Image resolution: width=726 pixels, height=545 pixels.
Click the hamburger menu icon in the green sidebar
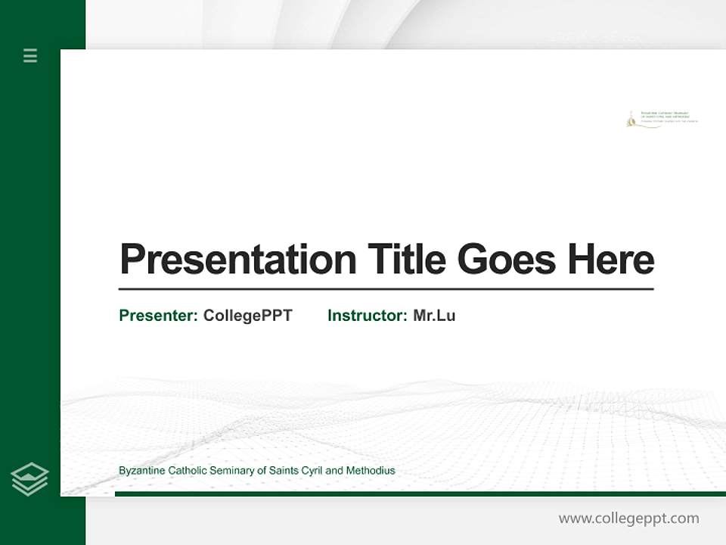30,55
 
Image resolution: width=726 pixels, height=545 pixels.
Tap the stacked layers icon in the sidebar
29,479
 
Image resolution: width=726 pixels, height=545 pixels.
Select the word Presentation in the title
237,260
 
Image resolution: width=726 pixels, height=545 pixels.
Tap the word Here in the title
610,260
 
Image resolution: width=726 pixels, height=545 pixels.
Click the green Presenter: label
158,316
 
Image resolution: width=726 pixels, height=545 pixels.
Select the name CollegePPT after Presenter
247,316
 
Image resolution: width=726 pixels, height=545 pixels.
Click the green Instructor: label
367,316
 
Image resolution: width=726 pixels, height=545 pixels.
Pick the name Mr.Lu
434,316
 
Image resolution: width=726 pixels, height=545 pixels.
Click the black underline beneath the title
386,289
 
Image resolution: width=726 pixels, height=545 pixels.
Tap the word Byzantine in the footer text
142,471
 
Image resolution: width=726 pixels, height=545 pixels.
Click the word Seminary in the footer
225,471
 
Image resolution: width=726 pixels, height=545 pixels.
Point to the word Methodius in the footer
371,471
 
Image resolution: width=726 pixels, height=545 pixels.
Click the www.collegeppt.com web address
628,519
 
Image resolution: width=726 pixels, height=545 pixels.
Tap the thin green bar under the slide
420,494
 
